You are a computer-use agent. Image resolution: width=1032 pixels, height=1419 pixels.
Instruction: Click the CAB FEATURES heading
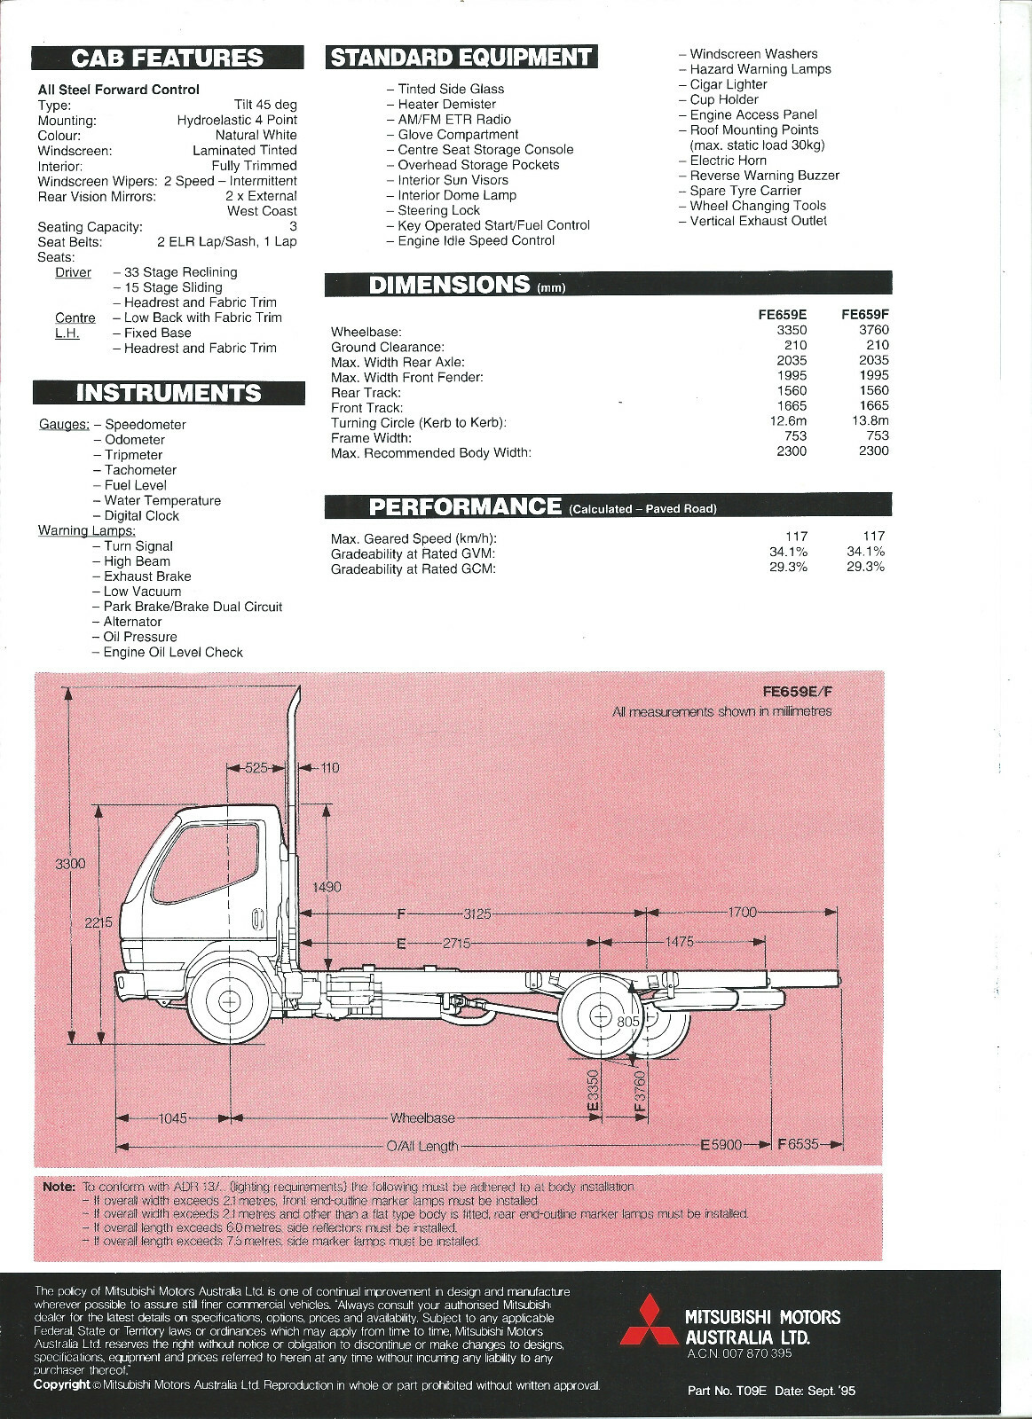[x=168, y=59]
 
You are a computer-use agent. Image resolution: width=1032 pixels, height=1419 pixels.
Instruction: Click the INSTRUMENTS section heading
[x=169, y=393]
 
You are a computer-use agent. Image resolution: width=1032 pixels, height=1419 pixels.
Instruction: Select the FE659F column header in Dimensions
[x=864, y=314]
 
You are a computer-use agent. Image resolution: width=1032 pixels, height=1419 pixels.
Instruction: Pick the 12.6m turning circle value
[x=788, y=421]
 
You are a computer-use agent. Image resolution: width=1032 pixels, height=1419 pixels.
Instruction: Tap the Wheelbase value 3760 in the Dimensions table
[x=873, y=330]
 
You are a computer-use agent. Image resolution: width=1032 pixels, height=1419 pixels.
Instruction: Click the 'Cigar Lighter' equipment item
[x=728, y=84]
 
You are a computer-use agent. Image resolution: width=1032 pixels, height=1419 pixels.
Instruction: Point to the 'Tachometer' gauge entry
[x=140, y=470]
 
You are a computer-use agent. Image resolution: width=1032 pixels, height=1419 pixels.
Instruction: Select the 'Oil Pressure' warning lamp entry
[x=139, y=637]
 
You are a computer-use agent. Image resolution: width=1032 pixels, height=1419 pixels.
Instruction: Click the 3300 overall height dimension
[x=70, y=863]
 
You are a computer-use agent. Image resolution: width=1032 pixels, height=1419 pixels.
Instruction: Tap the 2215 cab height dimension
[x=98, y=922]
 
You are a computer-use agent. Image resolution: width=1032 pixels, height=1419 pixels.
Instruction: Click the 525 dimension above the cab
[x=256, y=768]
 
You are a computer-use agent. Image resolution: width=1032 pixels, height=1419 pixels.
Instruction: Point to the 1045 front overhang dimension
[x=172, y=1118]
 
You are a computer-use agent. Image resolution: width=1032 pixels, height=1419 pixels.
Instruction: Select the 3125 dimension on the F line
[x=477, y=913]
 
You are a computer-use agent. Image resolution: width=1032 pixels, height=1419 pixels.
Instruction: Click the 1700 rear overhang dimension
[x=742, y=912]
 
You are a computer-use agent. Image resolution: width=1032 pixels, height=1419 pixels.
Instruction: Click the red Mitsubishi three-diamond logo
[x=648, y=1331]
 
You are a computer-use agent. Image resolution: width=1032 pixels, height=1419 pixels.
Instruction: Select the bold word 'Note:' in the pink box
[x=59, y=1187]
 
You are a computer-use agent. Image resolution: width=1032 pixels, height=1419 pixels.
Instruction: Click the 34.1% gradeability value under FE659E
[x=788, y=552]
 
